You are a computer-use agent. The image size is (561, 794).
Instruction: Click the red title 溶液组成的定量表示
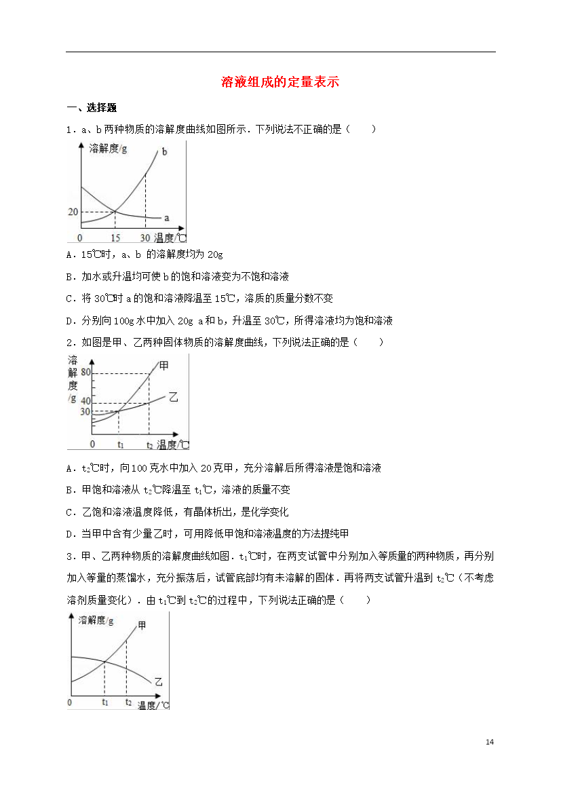(x=280, y=83)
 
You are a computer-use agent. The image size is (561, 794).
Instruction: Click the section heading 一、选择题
(x=92, y=107)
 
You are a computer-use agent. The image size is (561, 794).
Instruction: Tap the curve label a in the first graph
(x=166, y=218)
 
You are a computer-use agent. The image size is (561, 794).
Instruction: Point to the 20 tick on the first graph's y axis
(x=73, y=212)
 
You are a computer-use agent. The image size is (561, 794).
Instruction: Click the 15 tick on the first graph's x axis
(x=115, y=238)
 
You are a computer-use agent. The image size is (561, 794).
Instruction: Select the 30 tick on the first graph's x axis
(x=145, y=238)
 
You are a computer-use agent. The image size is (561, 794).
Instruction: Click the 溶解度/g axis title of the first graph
(x=108, y=149)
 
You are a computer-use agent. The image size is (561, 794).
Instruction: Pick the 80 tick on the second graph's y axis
(x=85, y=373)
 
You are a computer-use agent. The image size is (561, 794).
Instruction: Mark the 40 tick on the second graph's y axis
(x=85, y=402)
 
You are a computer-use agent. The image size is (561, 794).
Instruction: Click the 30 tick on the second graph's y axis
(x=85, y=411)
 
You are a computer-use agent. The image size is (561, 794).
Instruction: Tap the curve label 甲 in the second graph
(x=163, y=365)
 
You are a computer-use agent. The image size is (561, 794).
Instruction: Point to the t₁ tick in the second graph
(x=120, y=445)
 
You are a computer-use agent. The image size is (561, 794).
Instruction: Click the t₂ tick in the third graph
(x=128, y=702)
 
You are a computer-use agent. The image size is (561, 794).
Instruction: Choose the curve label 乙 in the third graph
(x=158, y=680)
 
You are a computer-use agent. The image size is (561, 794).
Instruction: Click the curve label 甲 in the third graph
(x=142, y=625)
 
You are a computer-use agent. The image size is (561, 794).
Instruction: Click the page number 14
(x=490, y=742)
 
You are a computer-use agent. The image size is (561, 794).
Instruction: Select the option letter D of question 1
(x=71, y=321)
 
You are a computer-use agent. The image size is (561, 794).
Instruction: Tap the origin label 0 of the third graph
(x=70, y=702)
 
